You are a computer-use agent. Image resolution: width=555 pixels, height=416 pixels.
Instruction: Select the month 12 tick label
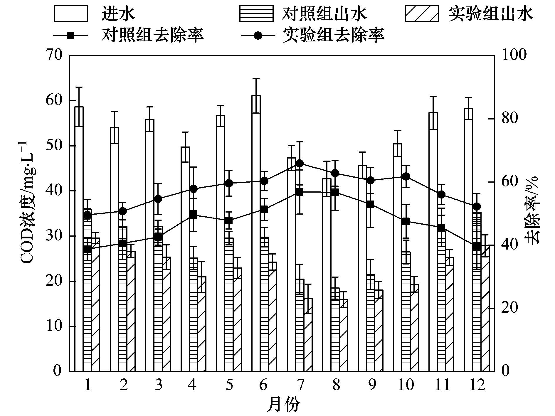(x=477, y=385)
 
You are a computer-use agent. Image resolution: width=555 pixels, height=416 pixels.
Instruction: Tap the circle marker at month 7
(x=300, y=164)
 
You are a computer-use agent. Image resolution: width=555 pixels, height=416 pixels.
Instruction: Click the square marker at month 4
(x=193, y=214)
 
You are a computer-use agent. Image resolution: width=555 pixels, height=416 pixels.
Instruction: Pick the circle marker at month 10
(x=406, y=176)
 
